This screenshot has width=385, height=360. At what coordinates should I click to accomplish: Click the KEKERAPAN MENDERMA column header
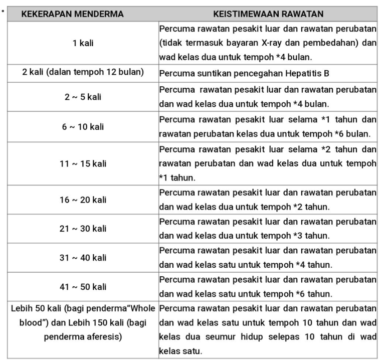point(72,14)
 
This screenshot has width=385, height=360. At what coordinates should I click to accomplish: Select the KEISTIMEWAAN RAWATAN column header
point(268,14)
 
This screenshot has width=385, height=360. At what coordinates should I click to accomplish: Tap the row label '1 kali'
point(83,43)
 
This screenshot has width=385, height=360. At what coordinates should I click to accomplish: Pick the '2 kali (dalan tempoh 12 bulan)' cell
point(83,72)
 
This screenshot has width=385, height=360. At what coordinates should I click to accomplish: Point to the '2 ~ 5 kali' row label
point(83,97)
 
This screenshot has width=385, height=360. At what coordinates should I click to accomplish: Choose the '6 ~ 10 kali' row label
point(83,127)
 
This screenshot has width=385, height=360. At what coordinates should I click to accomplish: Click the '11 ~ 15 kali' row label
point(83,163)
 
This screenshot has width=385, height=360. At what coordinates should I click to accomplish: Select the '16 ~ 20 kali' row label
point(83,200)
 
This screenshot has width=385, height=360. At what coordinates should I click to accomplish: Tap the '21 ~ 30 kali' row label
point(83,229)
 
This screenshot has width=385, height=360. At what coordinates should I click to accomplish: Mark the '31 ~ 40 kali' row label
point(83,258)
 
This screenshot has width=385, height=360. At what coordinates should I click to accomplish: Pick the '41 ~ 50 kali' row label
point(83,287)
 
